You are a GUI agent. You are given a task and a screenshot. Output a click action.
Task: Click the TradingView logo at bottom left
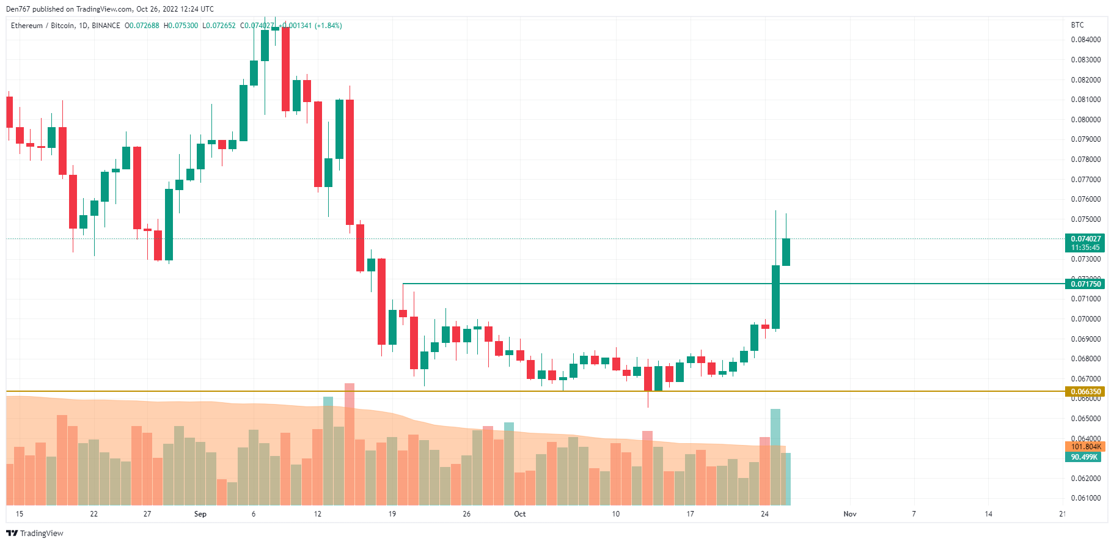pyautogui.click(x=34, y=533)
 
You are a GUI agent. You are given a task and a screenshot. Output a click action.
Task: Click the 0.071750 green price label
pyautogui.click(x=1085, y=284)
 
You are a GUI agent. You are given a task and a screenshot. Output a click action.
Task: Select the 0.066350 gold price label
pyautogui.click(x=1085, y=392)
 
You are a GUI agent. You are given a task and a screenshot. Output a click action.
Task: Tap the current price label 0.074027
pyautogui.click(x=1085, y=239)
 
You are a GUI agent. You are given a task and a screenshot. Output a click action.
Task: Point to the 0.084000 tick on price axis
pyautogui.click(x=1085, y=40)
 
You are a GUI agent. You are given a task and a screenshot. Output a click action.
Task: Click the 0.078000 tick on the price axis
pyautogui.click(x=1085, y=160)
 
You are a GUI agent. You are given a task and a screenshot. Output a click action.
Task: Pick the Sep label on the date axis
pyautogui.click(x=200, y=514)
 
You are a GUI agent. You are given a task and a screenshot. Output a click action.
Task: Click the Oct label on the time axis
pyautogui.click(x=519, y=514)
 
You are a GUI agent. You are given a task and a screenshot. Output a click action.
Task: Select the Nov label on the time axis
pyautogui.click(x=849, y=514)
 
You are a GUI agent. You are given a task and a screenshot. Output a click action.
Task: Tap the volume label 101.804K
pyautogui.click(x=1085, y=447)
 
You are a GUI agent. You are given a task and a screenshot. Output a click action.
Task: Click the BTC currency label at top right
pyautogui.click(x=1077, y=25)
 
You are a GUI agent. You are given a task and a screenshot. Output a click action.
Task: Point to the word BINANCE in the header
pyautogui.click(x=106, y=26)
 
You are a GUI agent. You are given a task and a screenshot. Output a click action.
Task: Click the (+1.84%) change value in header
pyautogui.click(x=328, y=26)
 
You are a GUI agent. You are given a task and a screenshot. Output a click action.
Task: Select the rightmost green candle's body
pyautogui.click(x=786, y=252)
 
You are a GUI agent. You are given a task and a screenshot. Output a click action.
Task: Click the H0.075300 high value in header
pyautogui.click(x=181, y=26)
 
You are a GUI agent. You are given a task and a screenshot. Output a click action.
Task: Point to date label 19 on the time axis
pyautogui.click(x=392, y=514)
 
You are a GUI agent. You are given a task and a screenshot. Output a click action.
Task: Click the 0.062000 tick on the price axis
pyautogui.click(x=1085, y=479)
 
